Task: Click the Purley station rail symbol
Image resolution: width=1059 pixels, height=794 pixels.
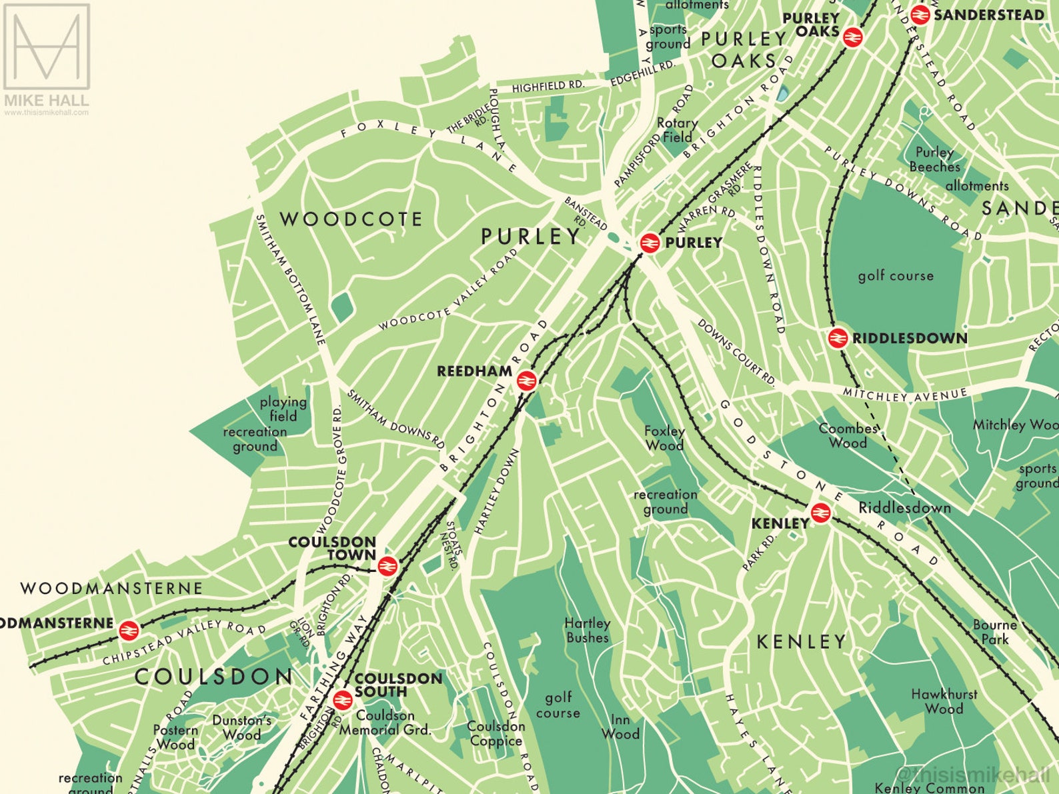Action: coord(650,243)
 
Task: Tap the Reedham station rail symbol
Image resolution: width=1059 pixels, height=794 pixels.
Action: coord(525,381)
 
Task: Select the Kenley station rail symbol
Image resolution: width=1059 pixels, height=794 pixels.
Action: coord(820,513)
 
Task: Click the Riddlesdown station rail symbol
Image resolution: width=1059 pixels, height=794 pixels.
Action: coord(838,339)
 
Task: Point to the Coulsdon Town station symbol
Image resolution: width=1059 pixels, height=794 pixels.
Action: coord(387,567)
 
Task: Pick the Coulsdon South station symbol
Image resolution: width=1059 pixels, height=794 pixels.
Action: coord(342,700)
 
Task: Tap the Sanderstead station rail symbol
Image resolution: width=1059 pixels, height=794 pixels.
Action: coord(920,15)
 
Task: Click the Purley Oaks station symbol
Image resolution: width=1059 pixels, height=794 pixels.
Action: coord(852,37)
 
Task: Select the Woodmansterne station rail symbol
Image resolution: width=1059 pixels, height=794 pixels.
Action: coord(128,630)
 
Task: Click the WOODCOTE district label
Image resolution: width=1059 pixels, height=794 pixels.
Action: coord(351,219)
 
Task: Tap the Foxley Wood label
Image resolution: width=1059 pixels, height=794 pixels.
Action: coord(664,438)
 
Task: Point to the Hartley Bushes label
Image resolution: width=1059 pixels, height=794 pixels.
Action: coord(587,630)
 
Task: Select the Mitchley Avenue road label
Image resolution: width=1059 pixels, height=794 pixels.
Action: coord(905,395)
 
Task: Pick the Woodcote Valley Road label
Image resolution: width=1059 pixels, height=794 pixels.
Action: coord(448,290)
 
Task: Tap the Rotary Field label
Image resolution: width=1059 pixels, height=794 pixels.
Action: coord(677,130)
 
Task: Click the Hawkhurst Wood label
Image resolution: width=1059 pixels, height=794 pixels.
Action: coord(944,701)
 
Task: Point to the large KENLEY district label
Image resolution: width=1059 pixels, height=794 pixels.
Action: coord(801,642)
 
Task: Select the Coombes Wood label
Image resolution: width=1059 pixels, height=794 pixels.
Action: coord(848,435)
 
